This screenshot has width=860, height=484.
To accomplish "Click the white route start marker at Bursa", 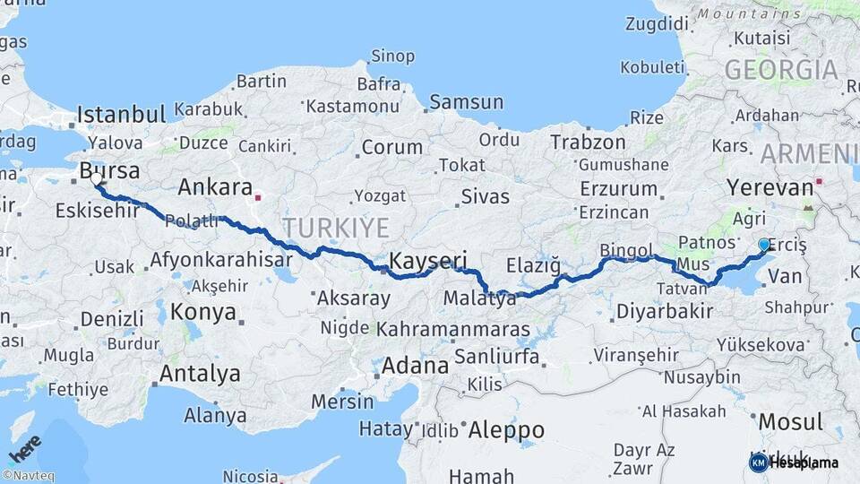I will click(x=96, y=179).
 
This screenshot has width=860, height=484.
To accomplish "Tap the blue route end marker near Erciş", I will click(x=764, y=244).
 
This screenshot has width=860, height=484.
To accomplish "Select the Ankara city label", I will click(x=215, y=187).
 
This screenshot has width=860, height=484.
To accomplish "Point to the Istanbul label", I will click(x=121, y=115).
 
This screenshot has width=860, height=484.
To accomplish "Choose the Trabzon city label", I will click(x=588, y=142).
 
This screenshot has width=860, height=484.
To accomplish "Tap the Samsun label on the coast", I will click(x=466, y=102).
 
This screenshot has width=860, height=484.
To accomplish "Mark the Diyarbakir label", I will click(x=665, y=312).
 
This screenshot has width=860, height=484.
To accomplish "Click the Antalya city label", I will click(x=200, y=373).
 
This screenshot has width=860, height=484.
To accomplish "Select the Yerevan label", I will click(x=770, y=187).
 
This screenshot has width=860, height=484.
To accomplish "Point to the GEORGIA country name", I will click(x=781, y=70).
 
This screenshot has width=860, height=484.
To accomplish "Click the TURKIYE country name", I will click(x=335, y=226).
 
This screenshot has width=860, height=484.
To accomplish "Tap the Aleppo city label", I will click(x=507, y=427).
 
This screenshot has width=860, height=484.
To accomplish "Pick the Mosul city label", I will click(x=790, y=421).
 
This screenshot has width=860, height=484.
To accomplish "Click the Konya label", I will click(x=203, y=312).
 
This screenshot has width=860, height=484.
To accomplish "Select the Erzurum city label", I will click(x=619, y=189).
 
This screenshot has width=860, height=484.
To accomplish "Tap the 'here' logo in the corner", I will click(x=24, y=448).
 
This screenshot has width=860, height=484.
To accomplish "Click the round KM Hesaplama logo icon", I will click(x=759, y=462).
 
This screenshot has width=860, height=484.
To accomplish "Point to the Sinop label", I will click(x=392, y=57).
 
